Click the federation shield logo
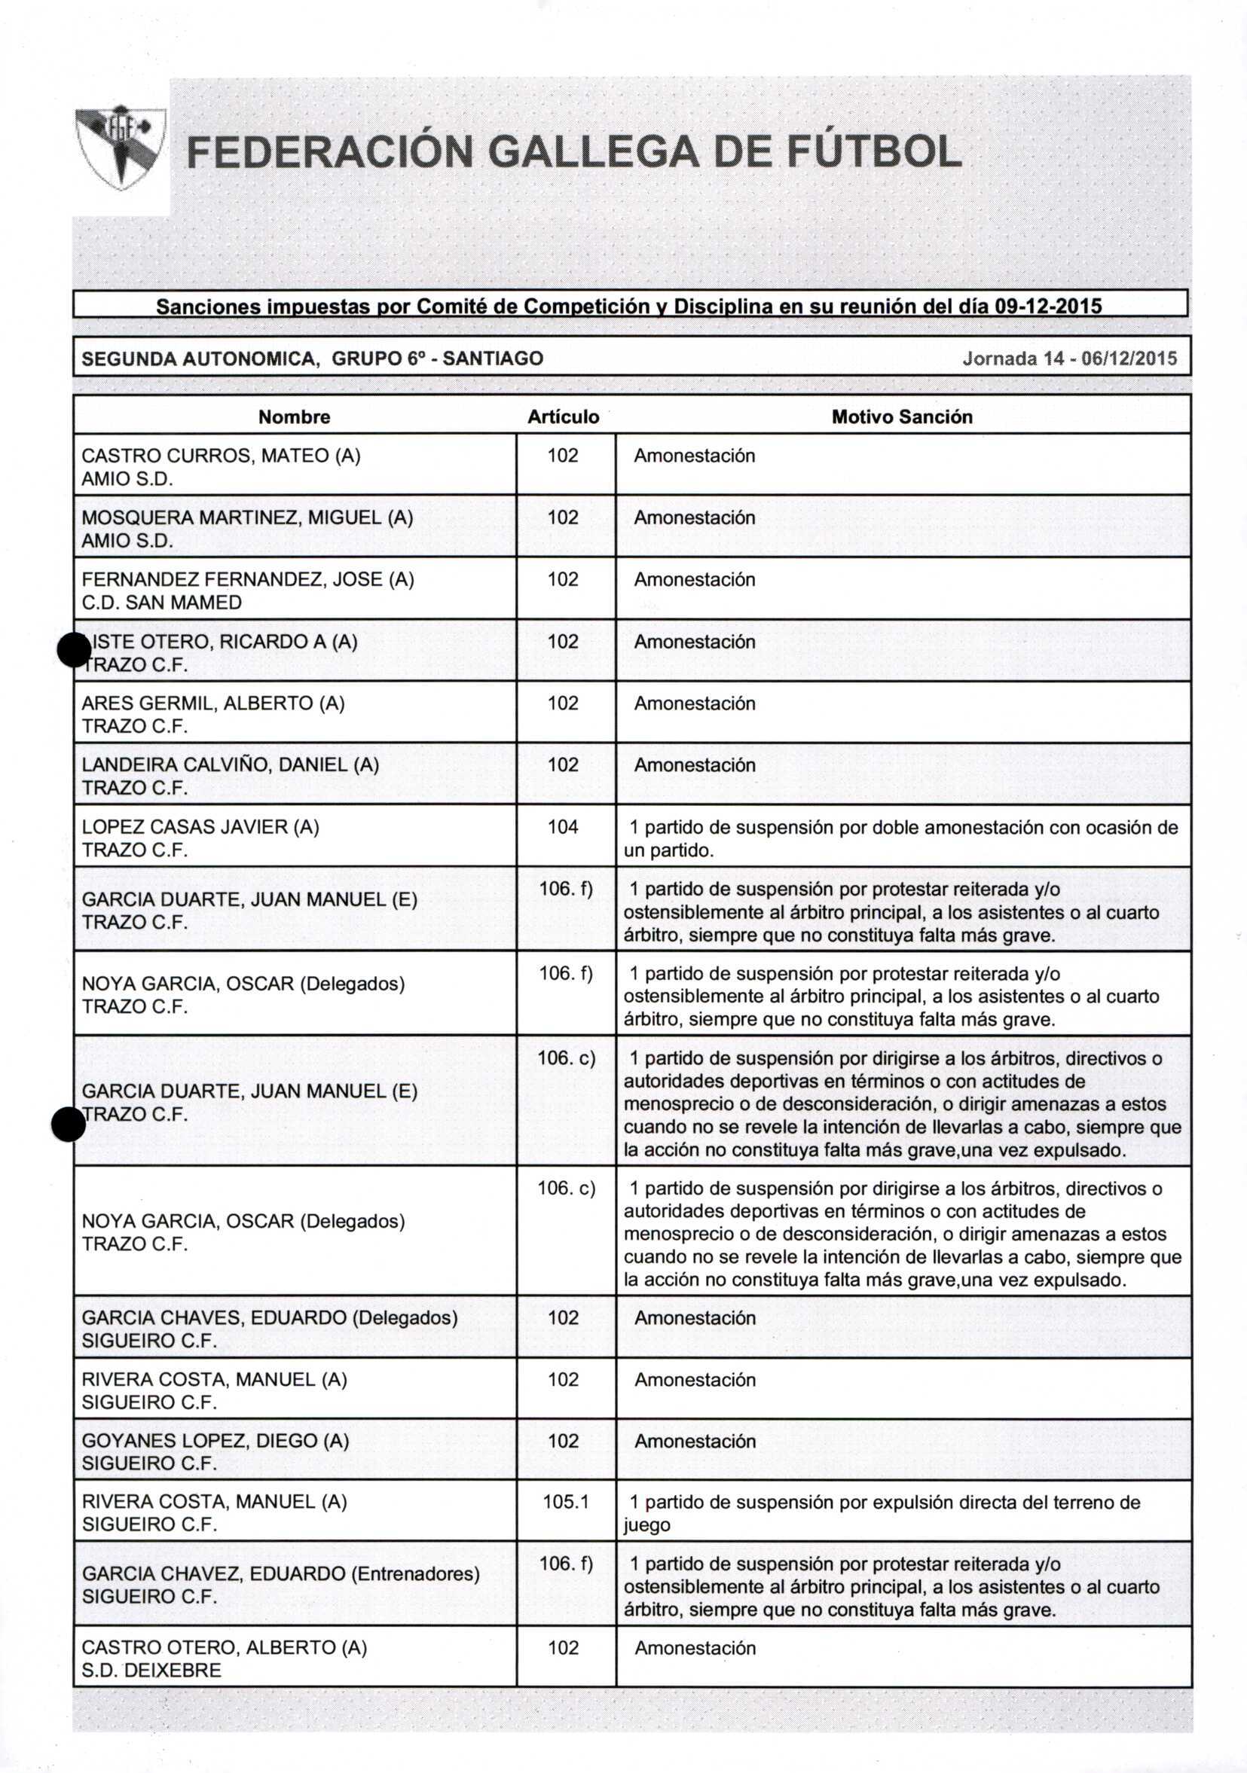pyautogui.click(x=121, y=148)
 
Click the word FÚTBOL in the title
pyautogui.click(x=874, y=152)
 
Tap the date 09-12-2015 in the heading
pyautogui.click(x=1047, y=307)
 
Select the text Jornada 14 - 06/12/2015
pyautogui.click(x=1069, y=359)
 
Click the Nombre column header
pyautogui.click(x=294, y=417)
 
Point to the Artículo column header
pyautogui.click(x=564, y=417)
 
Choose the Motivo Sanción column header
pyautogui.click(x=902, y=417)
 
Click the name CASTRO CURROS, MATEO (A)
pyautogui.click(x=221, y=456)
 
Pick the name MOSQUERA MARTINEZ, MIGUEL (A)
pyautogui.click(x=247, y=517)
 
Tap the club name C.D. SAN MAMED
pyautogui.click(x=161, y=603)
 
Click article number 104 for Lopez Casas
pyautogui.click(x=564, y=827)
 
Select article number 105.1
pyautogui.click(x=566, y=1502)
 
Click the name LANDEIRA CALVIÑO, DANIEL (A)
pyautogui.click(x=231, y=764)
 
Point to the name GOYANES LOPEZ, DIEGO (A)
pyautogui.click(x=215, y=1441)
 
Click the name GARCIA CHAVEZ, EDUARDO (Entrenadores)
pyautogui.click(x=280, y=1573)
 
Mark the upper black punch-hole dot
pyautogui.click(x=75, y=649)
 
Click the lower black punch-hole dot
pyautogui.click(x=68, y=1124)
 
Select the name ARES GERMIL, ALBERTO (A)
pyautogui.click(x=213, y=703)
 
